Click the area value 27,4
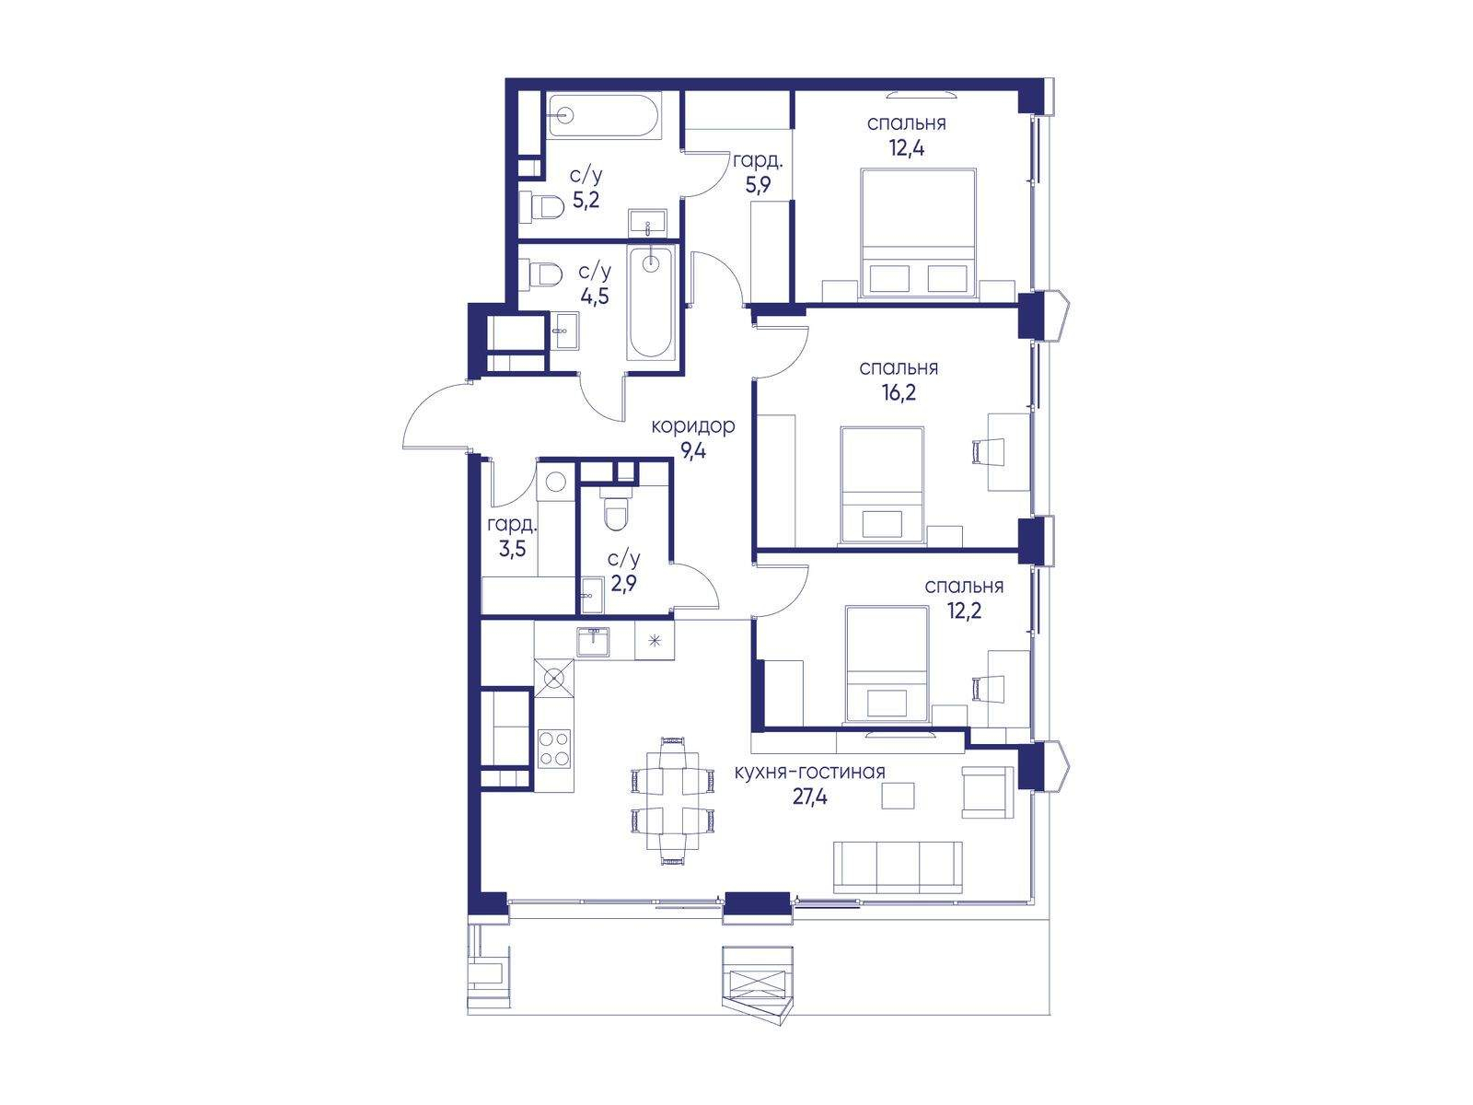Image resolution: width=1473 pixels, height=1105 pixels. [x=809, y=797]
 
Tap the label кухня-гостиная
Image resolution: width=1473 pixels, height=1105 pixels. [x=809, y=773]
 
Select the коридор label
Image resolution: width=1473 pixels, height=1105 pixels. [x=693, y=426]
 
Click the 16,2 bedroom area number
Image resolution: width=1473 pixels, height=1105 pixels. [x=899, y=392]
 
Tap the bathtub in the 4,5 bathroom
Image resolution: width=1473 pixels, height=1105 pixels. [x=650, y=303]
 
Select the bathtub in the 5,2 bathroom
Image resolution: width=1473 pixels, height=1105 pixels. [x=605, y=116]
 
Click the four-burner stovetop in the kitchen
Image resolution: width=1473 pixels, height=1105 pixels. [x=554, y=748]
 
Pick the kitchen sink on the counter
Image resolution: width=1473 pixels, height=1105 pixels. [x=593, y=642]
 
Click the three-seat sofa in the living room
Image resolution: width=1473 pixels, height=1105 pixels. [x=898, y=867]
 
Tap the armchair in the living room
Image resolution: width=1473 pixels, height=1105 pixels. [x=988, y=792]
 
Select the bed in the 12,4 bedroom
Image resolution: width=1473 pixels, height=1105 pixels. [x=918, y=232]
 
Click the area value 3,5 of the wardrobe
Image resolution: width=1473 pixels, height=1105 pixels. [x=512, y=549]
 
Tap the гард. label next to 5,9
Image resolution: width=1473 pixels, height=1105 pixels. [x=758, y=160]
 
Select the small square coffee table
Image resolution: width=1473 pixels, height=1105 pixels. [x=898, y=796]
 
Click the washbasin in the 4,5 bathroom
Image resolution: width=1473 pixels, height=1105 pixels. [x=564, y=331]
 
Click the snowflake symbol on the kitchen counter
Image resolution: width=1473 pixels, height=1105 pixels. [x=654, y=641]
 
